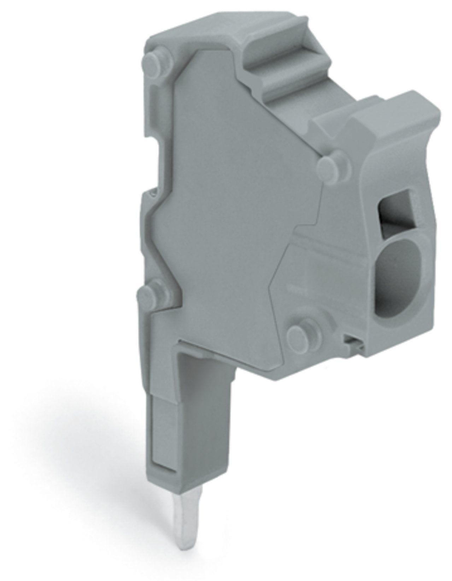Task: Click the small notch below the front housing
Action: point(353,343)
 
